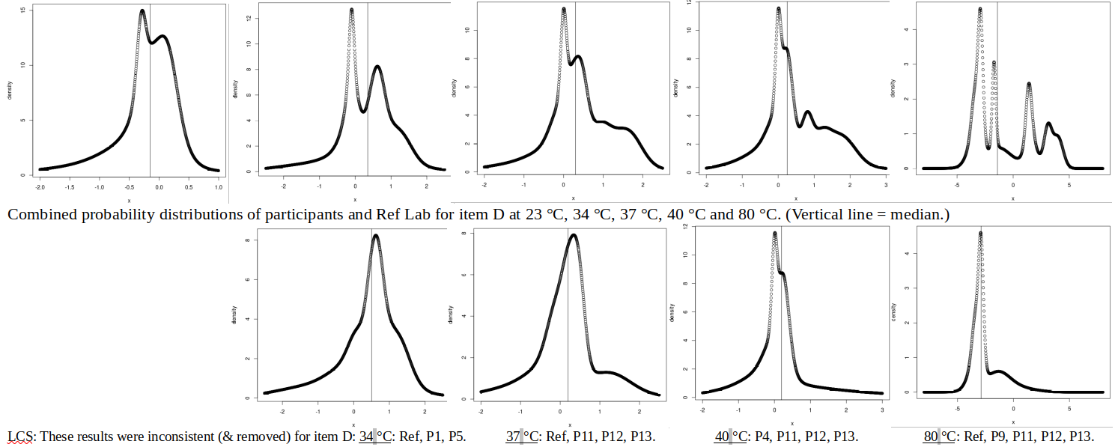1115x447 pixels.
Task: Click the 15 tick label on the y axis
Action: pyautogui.click(x=25, y=10)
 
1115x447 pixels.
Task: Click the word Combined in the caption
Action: pyautogui.click(x=38, y=215)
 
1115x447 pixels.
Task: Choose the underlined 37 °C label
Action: pyautogui.click(x=522, y=437)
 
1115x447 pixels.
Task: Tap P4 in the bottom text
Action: pyautogui.click(x=762, y=437)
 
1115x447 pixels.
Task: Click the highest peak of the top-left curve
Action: pyautogui.click(x=142, y=10)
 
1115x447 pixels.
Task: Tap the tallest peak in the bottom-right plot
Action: pyautogui.click(x=980, y=234)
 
